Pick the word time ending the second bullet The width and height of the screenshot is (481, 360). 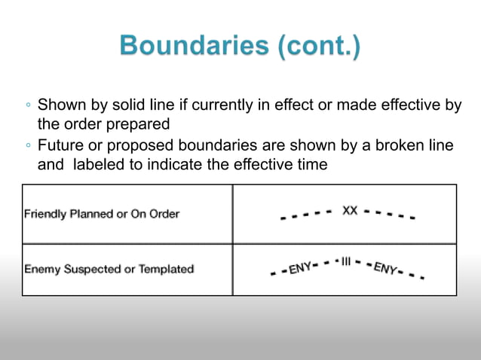tap(313, 164)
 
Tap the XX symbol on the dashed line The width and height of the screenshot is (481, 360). tap(350, 211)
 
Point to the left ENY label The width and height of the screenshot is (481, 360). tap(301, 267)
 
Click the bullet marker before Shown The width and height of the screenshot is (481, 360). tap(27, 105)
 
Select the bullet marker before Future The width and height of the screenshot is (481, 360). tap(27, 145)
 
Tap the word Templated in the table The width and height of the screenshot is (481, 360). tap(164, 269)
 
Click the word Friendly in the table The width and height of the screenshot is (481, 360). tap(45, 214)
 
